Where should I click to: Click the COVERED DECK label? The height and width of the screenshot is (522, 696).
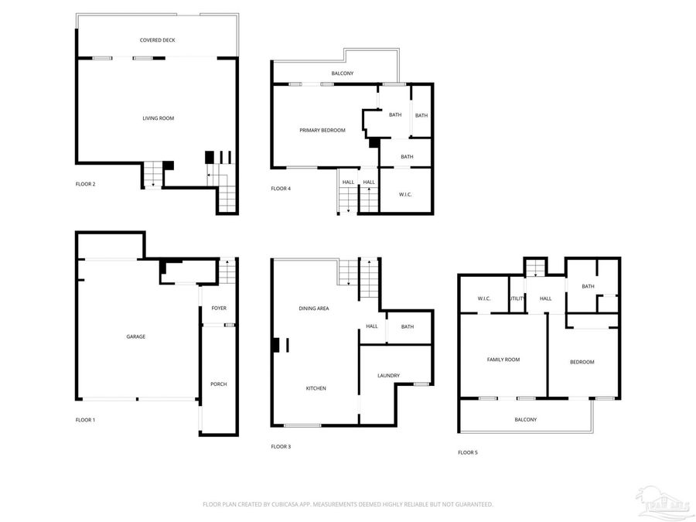[157, 39]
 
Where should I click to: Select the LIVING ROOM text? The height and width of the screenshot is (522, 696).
[158, 118]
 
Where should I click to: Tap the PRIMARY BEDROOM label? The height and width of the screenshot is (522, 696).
[322, 130]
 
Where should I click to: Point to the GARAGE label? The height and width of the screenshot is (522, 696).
[136, 336]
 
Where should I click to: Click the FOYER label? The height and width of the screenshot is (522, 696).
[219, 308]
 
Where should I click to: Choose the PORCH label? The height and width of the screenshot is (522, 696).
[219, 384]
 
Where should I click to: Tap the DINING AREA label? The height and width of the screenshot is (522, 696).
[314, 309]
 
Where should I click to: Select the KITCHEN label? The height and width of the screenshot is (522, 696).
[316, 387]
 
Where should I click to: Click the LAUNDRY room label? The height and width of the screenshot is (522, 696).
[388, 376]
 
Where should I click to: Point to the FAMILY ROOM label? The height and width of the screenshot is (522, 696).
[503, 360]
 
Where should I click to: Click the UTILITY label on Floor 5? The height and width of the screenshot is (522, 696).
[517, 299]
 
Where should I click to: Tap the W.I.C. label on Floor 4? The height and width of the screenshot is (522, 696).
[405, 194]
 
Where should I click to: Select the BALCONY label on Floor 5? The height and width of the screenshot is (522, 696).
[525, 419]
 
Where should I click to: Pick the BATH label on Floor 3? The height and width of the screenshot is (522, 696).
[407, 326]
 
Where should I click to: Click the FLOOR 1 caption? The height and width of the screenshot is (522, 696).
[85, 420]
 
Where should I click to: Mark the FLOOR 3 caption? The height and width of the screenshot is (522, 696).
[281, 446]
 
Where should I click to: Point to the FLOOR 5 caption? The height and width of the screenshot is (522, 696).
[467, 452]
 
